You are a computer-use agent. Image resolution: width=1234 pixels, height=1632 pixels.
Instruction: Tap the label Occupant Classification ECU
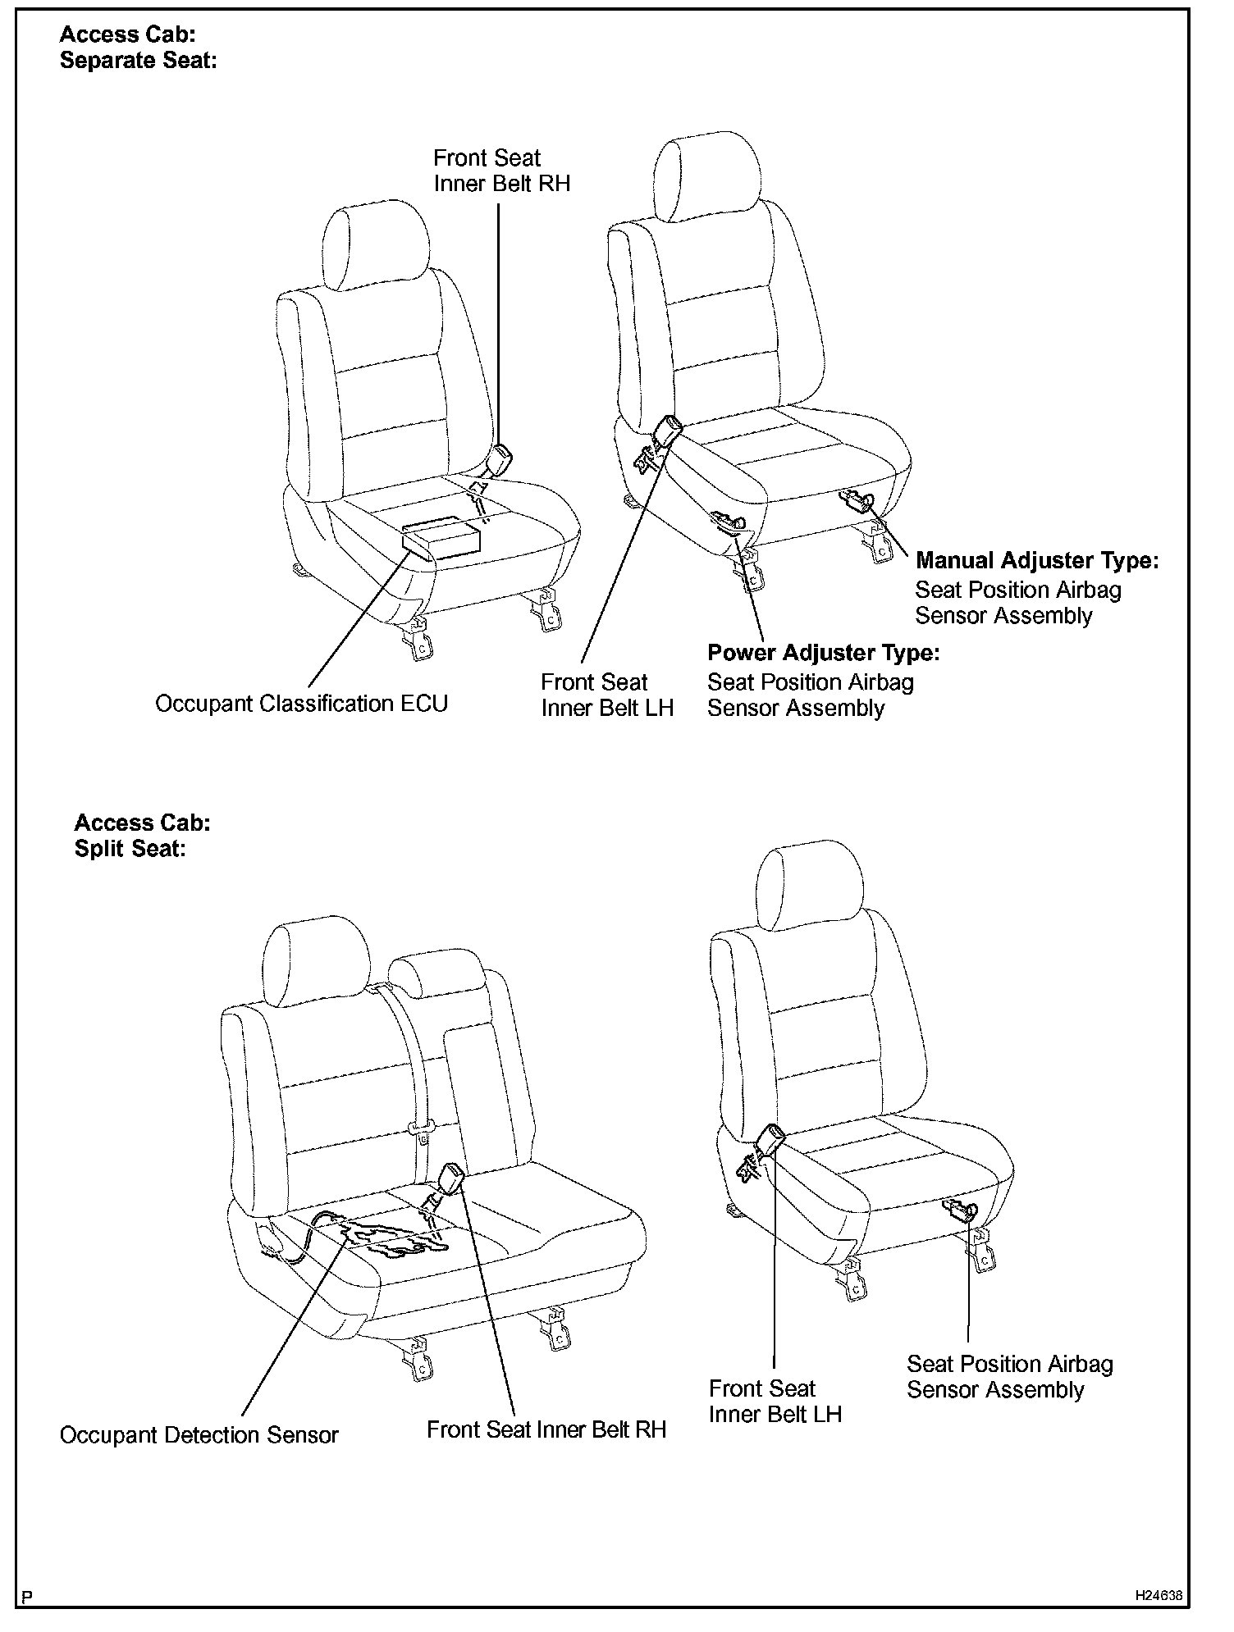coord(301,704)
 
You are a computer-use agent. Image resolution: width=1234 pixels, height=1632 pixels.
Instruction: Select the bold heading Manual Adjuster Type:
coord(1036,562)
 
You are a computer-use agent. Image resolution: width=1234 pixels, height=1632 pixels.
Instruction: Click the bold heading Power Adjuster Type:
coord(823,654)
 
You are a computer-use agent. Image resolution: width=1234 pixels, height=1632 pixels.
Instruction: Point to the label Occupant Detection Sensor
coord(199,1435)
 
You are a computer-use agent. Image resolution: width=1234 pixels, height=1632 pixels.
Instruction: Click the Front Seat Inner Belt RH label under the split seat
coord(546,1429)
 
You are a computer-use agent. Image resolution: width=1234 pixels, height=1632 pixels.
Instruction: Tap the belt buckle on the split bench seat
coord(451,1181)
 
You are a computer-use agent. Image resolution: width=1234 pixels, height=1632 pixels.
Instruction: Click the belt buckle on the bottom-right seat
coord(770,1140)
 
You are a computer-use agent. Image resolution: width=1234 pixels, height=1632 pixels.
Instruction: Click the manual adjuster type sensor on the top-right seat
coord(858,499)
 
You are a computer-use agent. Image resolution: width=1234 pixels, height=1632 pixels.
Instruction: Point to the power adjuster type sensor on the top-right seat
coord(729,522)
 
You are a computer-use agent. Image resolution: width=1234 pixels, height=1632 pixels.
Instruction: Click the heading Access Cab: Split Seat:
coord(142,836)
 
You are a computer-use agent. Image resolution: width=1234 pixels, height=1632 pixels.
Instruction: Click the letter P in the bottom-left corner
coord(27,1597)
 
